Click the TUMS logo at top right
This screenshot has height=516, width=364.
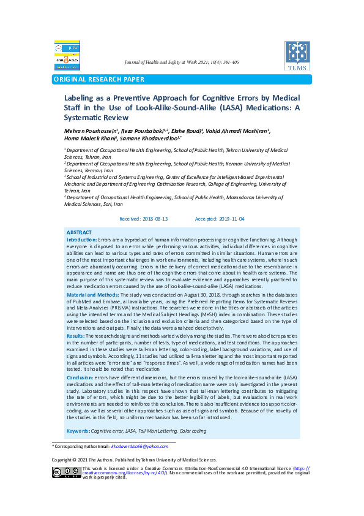[x=297, y=56]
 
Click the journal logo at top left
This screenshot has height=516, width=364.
[x=67, y=55]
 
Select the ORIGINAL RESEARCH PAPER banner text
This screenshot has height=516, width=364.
[x=99, y=79]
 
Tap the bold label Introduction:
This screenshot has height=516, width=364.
[x=81, y=239]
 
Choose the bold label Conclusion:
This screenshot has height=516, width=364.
[x=80, y=378]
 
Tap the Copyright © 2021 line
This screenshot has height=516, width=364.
[x=133, y=460]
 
